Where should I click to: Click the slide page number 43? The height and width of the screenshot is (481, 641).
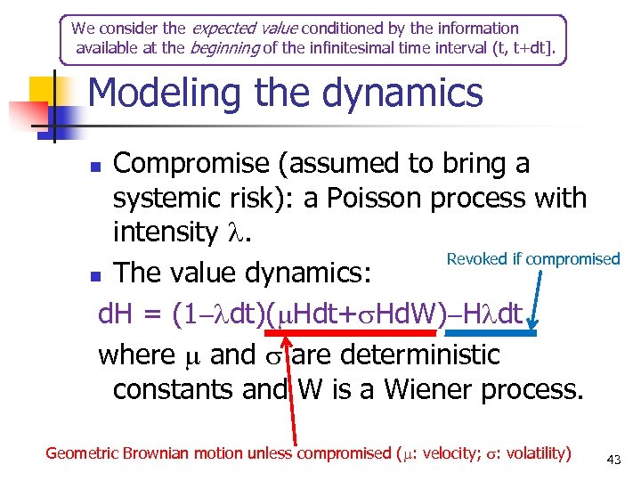pyautogui.click(x=613, y=460)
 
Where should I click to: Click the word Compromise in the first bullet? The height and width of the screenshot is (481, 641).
pyautogui.click(x=191, y=164)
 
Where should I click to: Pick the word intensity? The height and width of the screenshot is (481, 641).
pyautogui.click(x=163, y=232)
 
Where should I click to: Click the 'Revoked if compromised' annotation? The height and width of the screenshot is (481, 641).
pyautogui.click(x=532, y=259)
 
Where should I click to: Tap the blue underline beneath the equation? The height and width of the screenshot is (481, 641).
pyautogui.click(x=504, y=332)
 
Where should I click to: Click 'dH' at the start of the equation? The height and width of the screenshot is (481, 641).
pyautogui.click(x=114, y=314)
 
